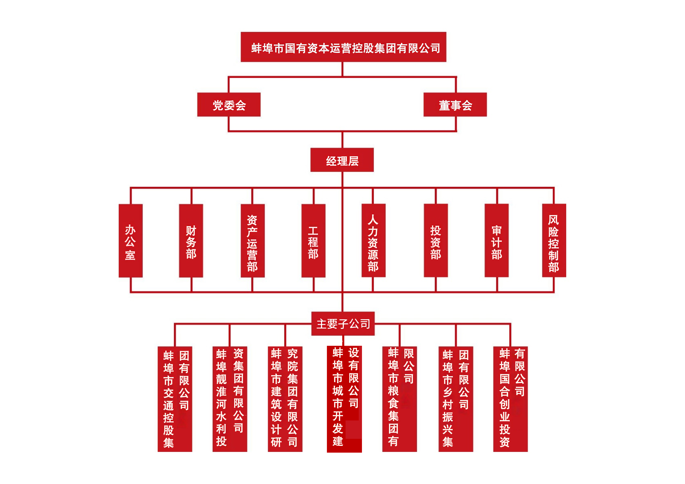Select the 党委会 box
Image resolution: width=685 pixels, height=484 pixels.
(x=229, y=105)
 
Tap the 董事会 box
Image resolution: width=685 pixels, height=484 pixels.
(x=455, y=105)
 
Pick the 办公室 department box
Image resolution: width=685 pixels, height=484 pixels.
(x=130, y=241)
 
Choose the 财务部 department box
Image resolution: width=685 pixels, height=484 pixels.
(x=191, y=241)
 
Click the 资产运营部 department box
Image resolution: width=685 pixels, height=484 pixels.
(x=252, y=241)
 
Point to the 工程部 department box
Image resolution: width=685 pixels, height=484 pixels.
(x=313, y=241)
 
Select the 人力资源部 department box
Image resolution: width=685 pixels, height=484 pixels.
(x=373, y=241)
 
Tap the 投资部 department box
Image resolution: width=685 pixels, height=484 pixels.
(x=436, y=241)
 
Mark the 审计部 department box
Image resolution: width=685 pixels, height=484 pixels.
(x=496, y=241)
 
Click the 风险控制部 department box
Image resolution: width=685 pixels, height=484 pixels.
(x=554, y=241)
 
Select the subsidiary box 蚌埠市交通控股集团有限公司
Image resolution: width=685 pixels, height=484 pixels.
(x=175, y=399)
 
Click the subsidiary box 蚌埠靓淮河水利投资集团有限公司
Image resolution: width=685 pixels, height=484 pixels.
(x=230, y=399)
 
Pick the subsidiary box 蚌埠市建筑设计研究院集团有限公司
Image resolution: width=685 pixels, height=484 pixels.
(x=285, y=399)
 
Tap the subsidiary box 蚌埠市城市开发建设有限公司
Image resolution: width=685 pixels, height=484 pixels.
(x=344, y=399)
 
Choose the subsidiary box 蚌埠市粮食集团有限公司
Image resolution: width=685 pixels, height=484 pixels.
(x=399, y=399)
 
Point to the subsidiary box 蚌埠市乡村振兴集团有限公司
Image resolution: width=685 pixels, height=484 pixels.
(x=456, y=399)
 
